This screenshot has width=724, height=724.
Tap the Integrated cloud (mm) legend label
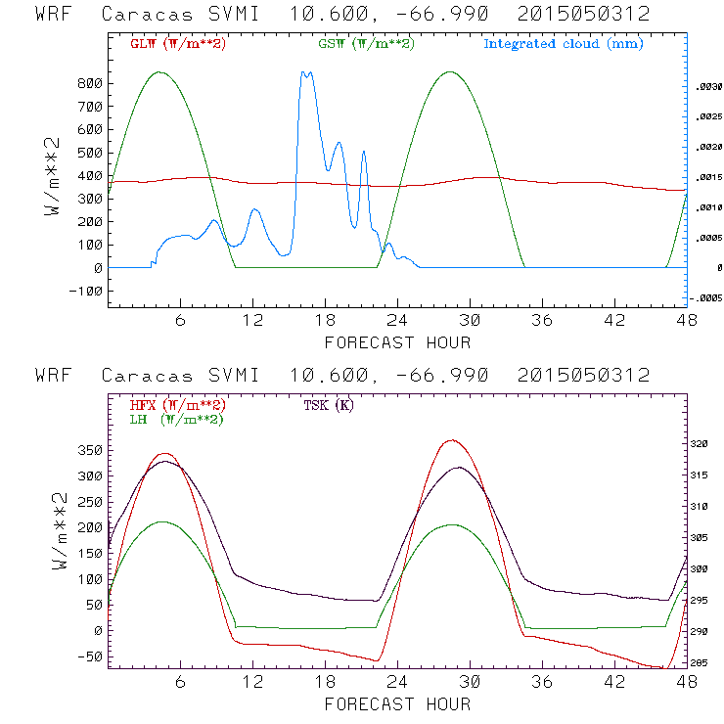click(x=564, y=44)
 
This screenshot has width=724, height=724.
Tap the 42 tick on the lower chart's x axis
click(x=614, y=682)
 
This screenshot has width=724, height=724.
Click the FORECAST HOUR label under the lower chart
click(x=397, y=704)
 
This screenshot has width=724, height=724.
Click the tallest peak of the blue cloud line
click(x=306, y=72)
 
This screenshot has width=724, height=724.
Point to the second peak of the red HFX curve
click(x=450, y=440)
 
